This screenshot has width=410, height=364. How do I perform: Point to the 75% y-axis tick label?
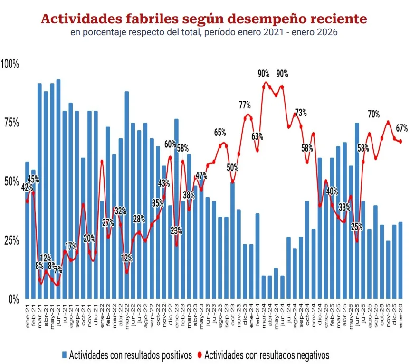pos(11,123)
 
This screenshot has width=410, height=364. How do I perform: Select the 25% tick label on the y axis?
pos(11,240)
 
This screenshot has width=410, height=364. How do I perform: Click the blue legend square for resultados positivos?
pos(64,354)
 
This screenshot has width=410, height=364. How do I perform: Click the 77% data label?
pos(245,105)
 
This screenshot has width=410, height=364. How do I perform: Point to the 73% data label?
pos(301,113)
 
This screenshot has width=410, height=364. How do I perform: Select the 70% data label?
pos(373,114)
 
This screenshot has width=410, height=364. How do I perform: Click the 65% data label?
pos(219,132)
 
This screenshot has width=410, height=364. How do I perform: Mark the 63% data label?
pos(257,136)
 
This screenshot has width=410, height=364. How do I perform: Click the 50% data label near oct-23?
pos(232,167)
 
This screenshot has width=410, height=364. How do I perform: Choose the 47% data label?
pos(201,174)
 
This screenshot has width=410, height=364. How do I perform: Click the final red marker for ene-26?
pos(400,141)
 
